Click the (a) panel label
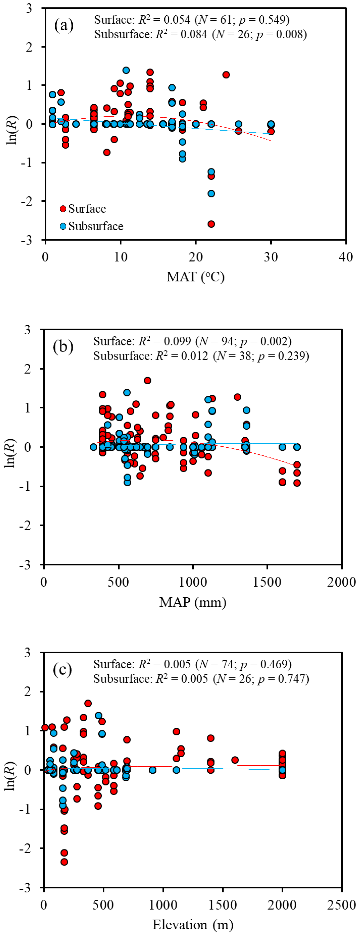(64, 26)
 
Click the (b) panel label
(63, 347)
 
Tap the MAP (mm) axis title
(193, 602)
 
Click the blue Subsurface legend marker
(63, 226)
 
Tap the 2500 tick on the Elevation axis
(342, 905)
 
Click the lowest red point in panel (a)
(211, 224)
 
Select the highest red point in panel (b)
(147, 380)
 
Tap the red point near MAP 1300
(238, 397)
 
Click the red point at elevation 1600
(235, 760)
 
